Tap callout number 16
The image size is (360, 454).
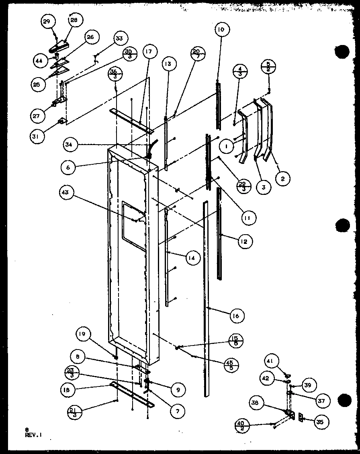[235, 316]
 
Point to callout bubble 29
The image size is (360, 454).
[47, 21]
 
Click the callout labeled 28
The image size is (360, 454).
[74, 20]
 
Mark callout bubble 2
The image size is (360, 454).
[282, 180]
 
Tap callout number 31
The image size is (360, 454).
[37, 136]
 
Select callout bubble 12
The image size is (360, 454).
[245, 241]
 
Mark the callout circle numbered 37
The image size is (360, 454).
[323, 400]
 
